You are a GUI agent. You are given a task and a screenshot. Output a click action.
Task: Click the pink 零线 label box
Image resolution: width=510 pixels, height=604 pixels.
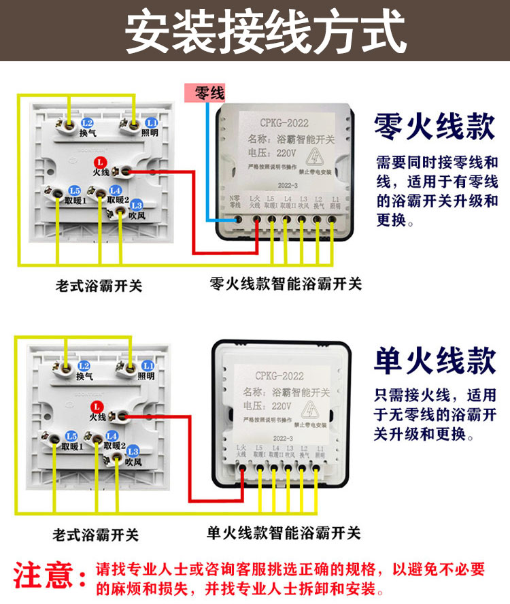click(x=205, y=93)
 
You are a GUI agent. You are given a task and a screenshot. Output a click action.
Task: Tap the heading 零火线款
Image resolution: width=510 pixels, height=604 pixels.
click(x=434, y=127)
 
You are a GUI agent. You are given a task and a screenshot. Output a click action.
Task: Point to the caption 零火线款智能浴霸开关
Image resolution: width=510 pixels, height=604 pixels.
click(x=286, y=284)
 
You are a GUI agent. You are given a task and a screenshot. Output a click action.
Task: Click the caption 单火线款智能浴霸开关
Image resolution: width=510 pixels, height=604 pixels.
click(x=284, y=533)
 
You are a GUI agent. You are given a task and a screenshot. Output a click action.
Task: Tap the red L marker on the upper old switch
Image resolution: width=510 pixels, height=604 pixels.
click(x=100, y=162)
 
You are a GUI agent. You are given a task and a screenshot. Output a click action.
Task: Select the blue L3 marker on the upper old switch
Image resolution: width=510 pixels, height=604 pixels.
click(x=136, y=205)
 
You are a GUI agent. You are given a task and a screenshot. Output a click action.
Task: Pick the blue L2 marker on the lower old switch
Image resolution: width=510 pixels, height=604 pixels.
click(x=84, y=365)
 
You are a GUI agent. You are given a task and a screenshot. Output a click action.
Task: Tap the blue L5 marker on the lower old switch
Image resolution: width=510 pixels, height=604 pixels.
click(x=71, y=436)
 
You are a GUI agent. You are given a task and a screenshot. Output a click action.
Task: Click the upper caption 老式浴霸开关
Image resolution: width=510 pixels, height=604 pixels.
click(x=99, y=286)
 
